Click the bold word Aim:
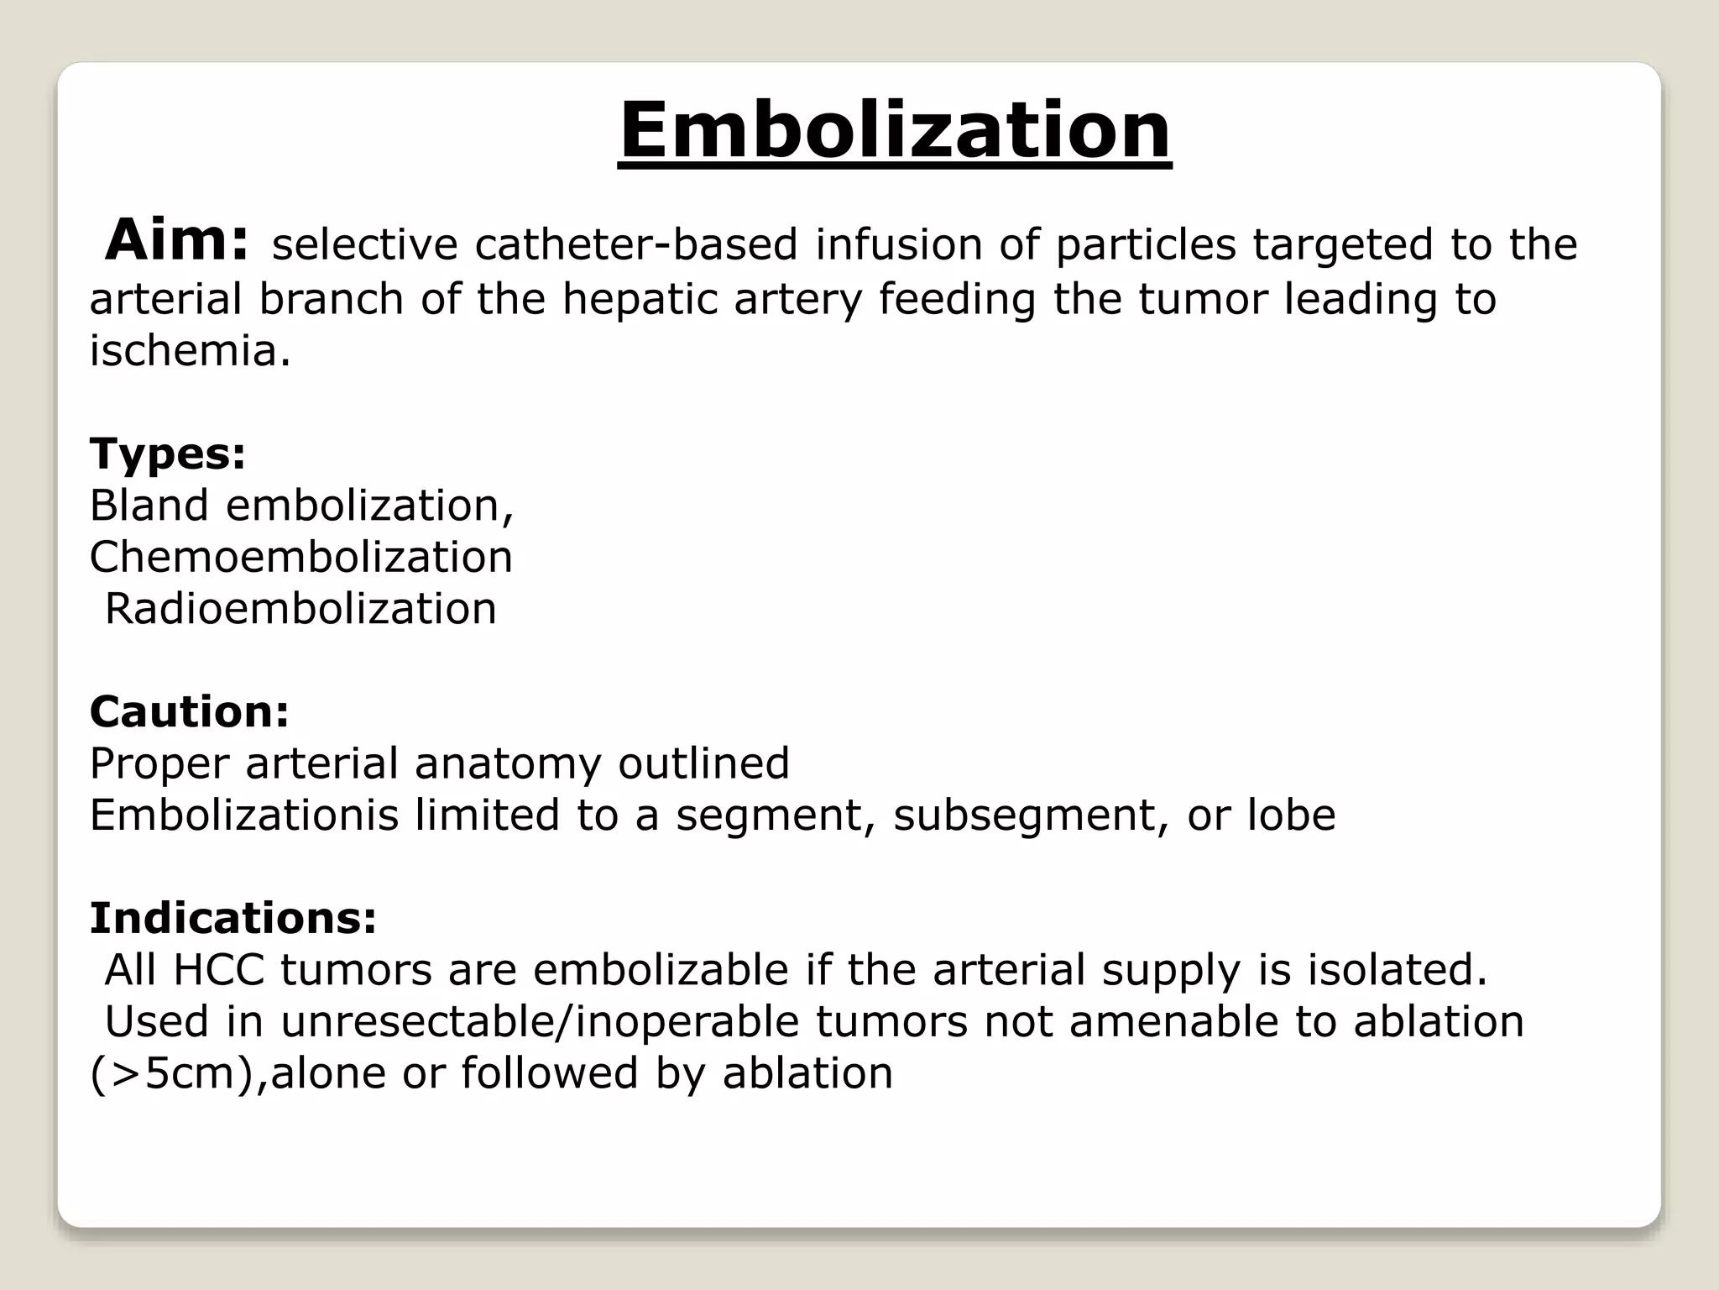point(177,240)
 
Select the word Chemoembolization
point(300,557)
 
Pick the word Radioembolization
point(300,609)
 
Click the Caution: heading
point(190,712)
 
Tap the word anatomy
point(507,764)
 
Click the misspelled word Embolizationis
point(243,815)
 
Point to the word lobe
point(1290,815)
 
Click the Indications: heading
point(233,918)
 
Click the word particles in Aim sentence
point(1146,245)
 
